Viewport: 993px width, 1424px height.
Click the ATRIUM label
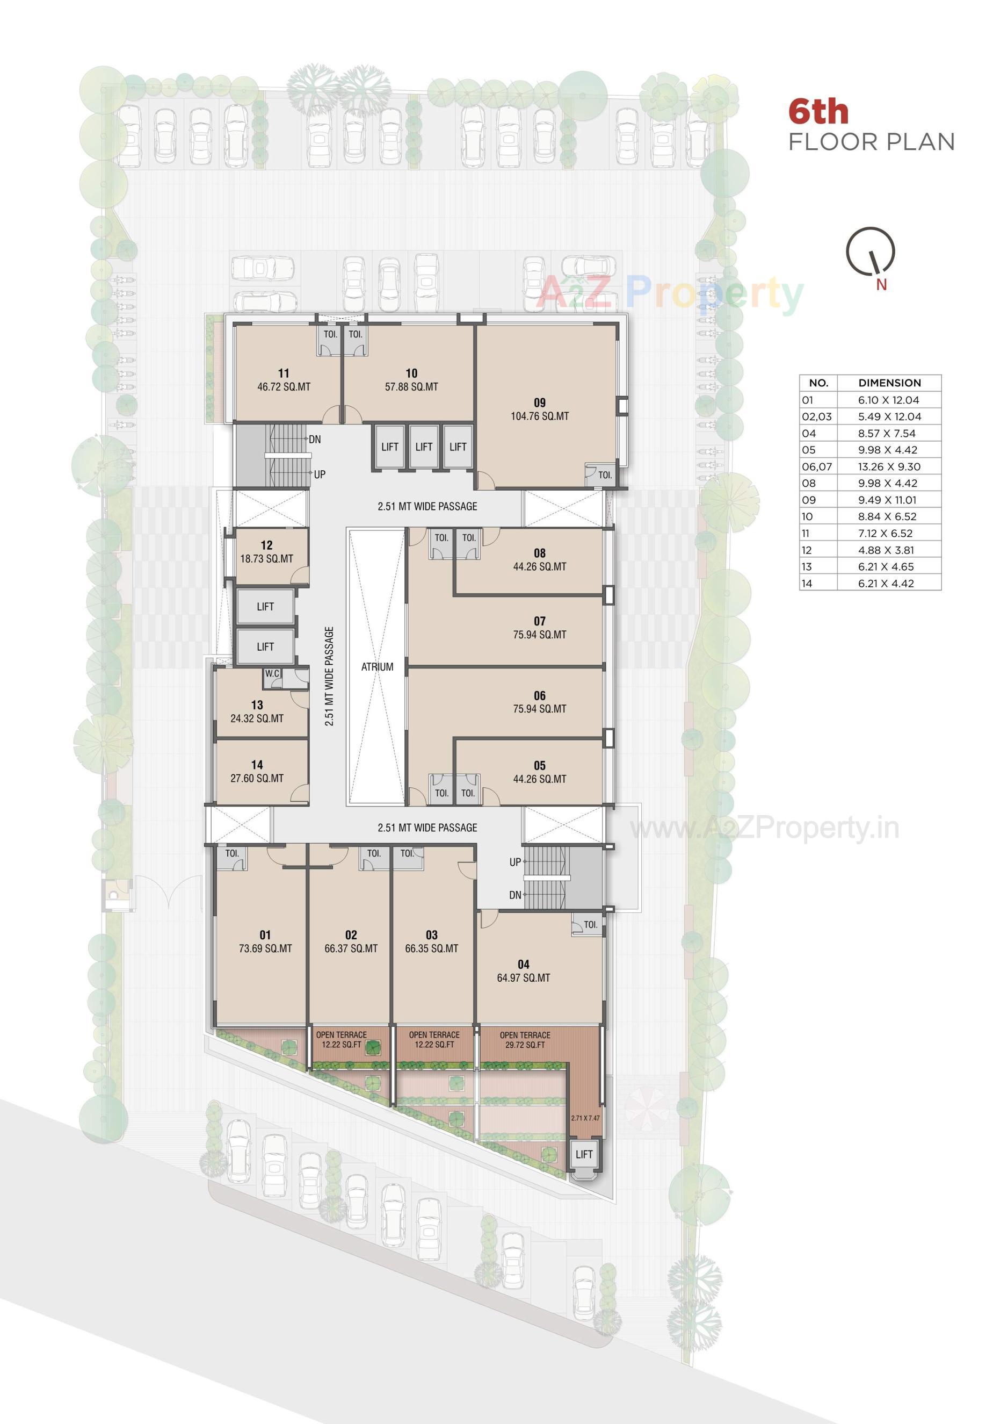pyautogui.click(x=377, y=667)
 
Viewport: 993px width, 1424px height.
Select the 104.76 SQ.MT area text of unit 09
pyautogui.click(x=539, y=416)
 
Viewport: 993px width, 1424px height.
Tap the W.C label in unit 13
pyautogui.click(x=272, y=673)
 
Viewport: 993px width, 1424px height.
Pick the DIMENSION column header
pyautogui.click(x=889, y=383)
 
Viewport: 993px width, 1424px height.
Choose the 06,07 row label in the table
pyautogui.click(x=817, y=466)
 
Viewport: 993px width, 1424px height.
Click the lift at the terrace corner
pyautogui.click(x=584, y=1154)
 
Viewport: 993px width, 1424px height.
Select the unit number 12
pyautogui.click(x=266, y=545)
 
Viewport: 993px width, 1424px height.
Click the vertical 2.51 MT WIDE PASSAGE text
pyautogui.click(x=329, y=675)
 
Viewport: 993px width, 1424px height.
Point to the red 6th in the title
pyautogui.click(x=818, y=112)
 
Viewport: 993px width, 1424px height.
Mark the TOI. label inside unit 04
pyautogui.click(x=591, y=925)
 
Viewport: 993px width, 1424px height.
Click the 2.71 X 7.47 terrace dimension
pyautogui.click(x=585, y=1118)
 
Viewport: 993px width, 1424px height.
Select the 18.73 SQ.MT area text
pyautogui.click(x=266, y=559)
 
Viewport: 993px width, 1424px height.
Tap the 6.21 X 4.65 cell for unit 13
pyautogui.click(x=886, y=566)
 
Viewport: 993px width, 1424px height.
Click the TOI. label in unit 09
pyautogui.click(x=605, y=475)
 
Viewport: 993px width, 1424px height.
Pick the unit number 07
pyautogui.click(x=539, y=621)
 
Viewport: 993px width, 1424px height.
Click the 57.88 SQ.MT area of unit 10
pyautogui.click(x=411, y=387)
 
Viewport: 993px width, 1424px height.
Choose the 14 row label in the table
pyautogui.click(x=807, y=583)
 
